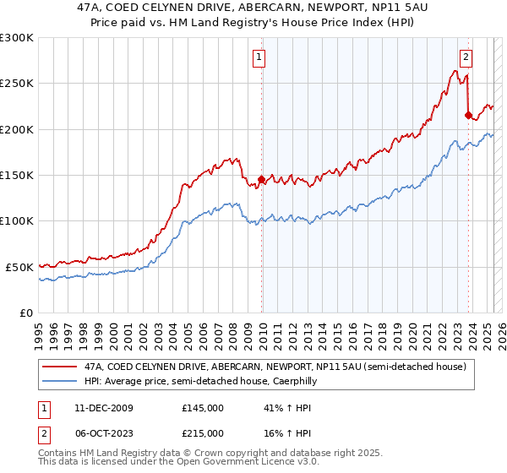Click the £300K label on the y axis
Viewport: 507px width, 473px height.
[17, 38]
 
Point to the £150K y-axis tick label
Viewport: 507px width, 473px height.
[17, 176]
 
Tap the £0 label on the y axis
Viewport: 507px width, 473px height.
[25, 313]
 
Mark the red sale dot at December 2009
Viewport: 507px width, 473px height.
[261, 180]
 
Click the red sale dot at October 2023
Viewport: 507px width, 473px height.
[468, 116]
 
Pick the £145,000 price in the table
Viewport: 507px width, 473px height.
[203, 408]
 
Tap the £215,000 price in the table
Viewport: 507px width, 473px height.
[203, 433]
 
